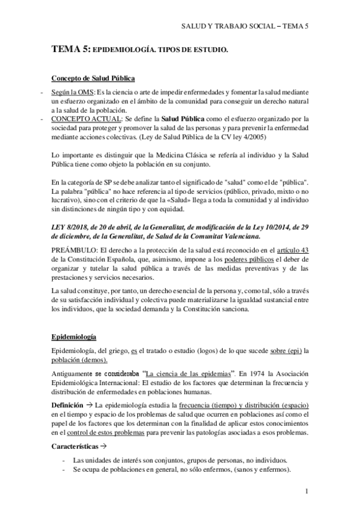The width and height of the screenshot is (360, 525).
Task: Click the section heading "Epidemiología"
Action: click(73, 337)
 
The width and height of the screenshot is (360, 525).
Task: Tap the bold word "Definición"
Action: click(67, 404)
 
